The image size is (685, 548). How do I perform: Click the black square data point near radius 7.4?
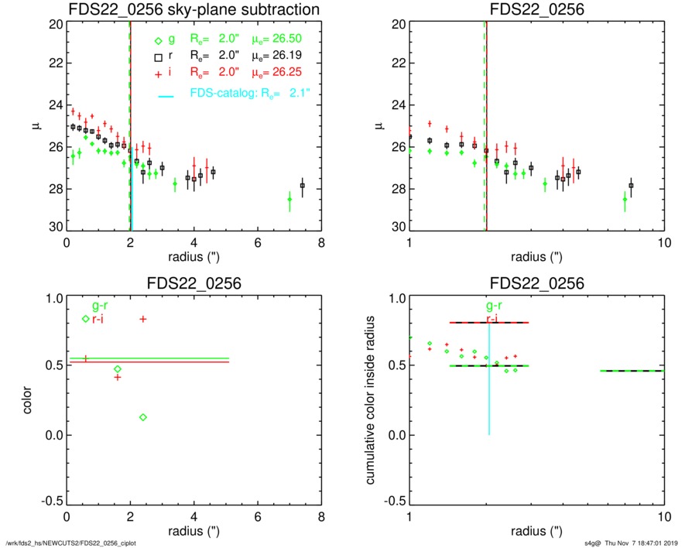coord(302,186)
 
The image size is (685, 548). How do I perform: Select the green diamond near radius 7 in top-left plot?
coord(289,200)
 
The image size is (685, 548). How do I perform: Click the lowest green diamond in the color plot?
coord(143,417)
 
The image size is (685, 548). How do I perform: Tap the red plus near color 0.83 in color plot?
coord(142,319)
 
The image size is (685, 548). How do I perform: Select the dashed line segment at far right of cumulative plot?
coord(632,371)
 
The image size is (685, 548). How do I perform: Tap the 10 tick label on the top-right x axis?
coord(663,243)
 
